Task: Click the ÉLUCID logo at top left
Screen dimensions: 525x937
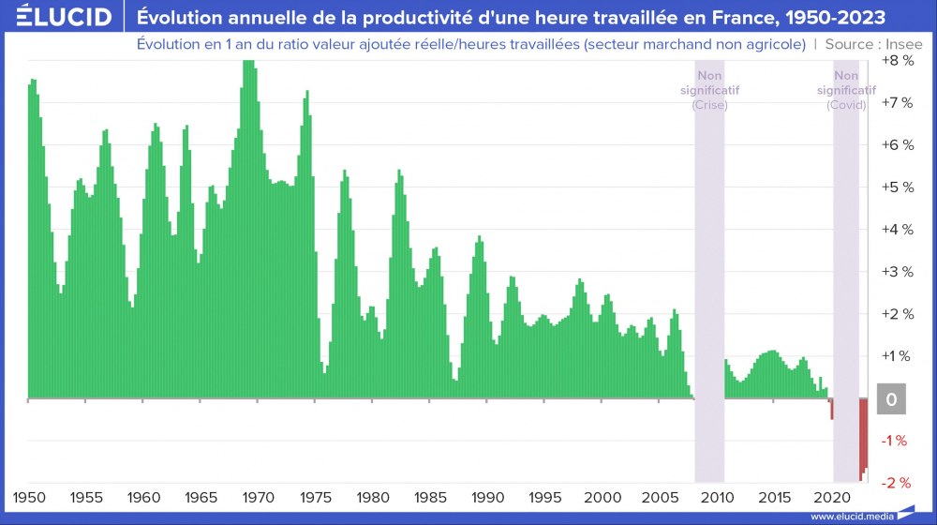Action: pyautogui.click(x=57, y=17)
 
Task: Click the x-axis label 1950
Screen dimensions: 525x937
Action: pyautogui.click(x=28, y=496)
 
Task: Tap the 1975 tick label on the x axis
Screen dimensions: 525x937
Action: pyautogui.click(x=314, y=496)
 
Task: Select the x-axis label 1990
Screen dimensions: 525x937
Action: pyautogui.click(x=486, y=496)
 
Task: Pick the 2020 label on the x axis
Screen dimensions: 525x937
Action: pyautogui.click(x=831, y=496)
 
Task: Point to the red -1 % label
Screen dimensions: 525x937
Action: pyautogui.click(x=895, y=440)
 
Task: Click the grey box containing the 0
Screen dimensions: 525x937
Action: pyautogui.click(x=891, y=399)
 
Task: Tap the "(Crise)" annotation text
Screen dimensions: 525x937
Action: pyautogui.click(x=709, y=105)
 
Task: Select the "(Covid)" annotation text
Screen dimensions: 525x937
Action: pyautogui.click(x=846, y=105)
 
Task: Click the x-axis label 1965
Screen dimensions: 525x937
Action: pyautogui.click(x=200, y=496)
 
